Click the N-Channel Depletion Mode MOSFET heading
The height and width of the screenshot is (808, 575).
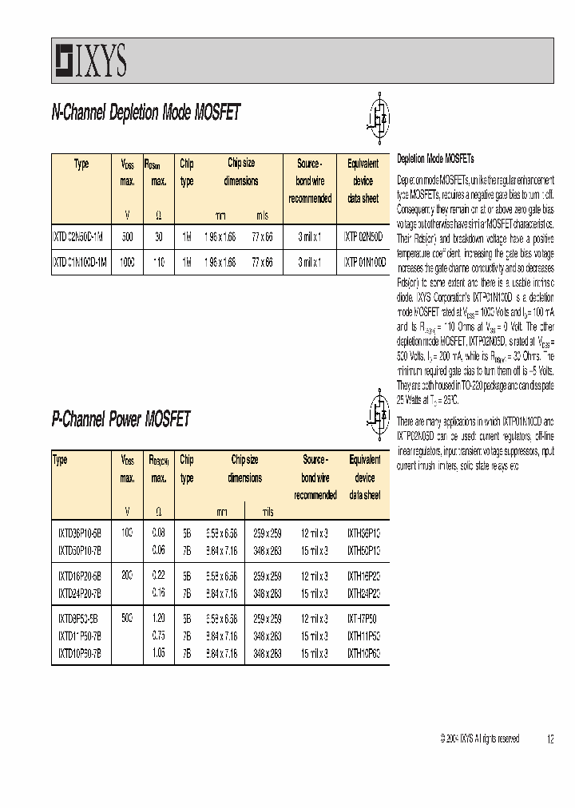(145, 113)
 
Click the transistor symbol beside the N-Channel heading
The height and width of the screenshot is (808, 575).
(383, 113)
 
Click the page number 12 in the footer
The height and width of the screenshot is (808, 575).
(550, 739)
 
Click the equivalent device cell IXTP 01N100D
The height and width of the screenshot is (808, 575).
(365, 261)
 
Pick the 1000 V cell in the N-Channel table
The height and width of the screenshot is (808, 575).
(128, 261)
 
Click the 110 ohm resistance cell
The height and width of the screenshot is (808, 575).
(158, 261)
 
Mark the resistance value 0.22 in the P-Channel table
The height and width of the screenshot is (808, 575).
(158, 574)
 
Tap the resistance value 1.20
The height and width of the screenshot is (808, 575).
(158, 618)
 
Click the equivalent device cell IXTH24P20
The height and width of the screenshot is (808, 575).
(364, 593)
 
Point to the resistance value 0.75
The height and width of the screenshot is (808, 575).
(158, 636)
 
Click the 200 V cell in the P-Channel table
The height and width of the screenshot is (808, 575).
(128, 574)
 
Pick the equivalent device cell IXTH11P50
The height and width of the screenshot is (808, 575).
(364, 636)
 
